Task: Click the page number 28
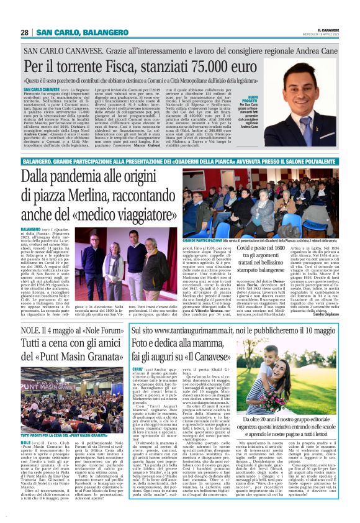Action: point(25,32)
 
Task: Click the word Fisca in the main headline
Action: point(112,66)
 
